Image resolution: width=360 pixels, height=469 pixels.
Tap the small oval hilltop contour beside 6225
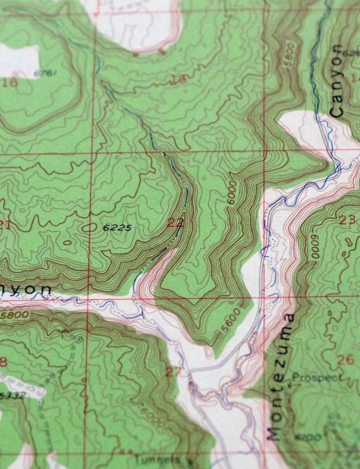click(89, 228)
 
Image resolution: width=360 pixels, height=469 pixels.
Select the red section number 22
click(175, 222)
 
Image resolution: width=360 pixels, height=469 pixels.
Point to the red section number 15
click(179, 80)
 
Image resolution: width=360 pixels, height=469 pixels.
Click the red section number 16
click(10, 82)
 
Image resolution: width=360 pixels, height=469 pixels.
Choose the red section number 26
click(345, 360)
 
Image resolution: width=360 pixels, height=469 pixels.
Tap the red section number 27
click(174, 372)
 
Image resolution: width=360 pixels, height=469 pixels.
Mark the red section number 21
click(5, 224)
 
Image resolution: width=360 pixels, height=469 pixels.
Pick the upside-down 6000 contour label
click(314, 247)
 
